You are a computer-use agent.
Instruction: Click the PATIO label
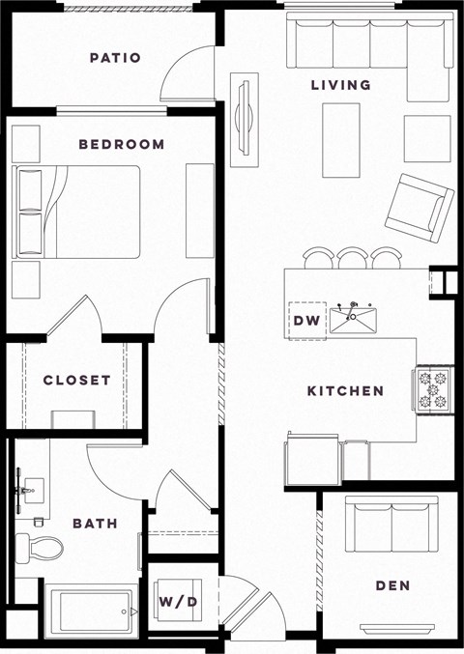[x=115, y=58]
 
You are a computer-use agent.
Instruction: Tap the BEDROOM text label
[x=122, y=145]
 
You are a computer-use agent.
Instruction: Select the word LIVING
[x=340, y=85]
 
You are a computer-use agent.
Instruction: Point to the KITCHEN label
[x=345, y=391]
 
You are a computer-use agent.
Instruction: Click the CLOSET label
[x=76, y=381]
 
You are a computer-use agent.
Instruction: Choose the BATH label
[x=95, y=524]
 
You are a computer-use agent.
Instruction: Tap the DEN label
[x=393, y=585]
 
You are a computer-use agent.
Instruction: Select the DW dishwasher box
[x=305, y=320]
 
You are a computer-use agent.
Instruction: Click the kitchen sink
[x=353, y=318]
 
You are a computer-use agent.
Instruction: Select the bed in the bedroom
[x=77, y=213]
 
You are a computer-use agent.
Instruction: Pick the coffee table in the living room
[x=340, y=140]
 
